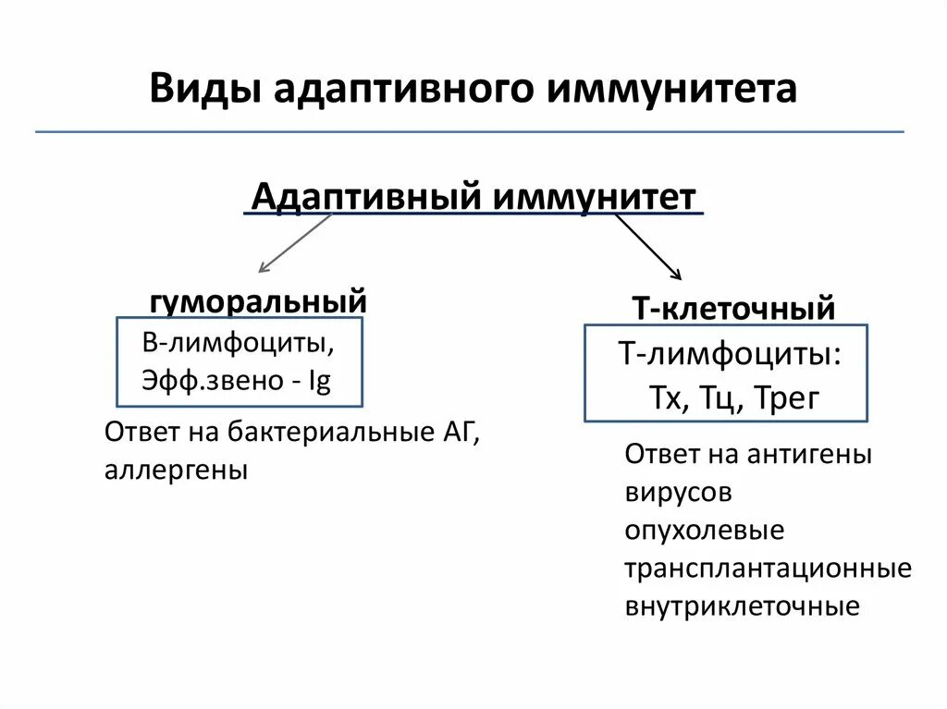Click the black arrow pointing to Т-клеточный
648,247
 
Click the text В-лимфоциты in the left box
238,344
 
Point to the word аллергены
176,470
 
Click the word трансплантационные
768,568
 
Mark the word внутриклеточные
742,607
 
